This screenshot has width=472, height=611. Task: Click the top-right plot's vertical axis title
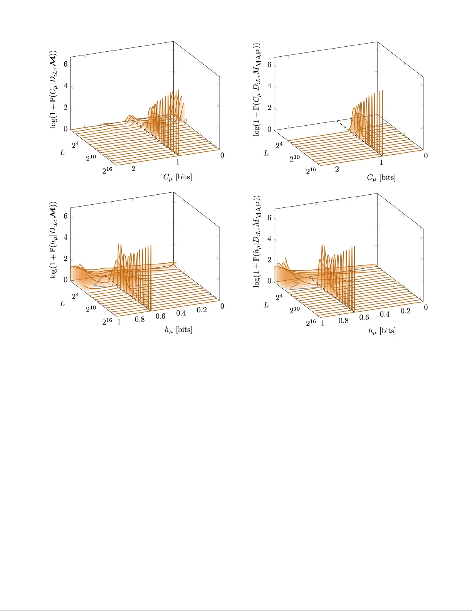click(257, 89)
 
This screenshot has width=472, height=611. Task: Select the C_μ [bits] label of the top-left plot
click(177, 177)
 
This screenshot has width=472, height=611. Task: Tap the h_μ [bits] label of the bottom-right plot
click(382, 331)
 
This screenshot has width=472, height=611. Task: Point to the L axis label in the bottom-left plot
click(62, 304)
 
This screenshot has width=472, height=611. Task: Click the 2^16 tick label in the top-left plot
click(108, 170)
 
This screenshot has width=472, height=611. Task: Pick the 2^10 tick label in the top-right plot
click(295, 158)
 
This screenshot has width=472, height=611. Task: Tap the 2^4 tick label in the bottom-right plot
click(279, 297)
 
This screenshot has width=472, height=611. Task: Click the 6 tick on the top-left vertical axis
click(66, 64)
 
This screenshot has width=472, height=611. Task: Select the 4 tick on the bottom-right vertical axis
click(269, 239)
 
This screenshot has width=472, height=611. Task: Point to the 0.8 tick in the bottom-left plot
click(140, 319)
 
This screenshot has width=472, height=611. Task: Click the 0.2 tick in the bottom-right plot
click(406, 311)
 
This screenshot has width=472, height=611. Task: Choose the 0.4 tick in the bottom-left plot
click(181, 313)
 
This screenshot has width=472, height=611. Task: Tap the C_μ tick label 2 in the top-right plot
click(337, 169)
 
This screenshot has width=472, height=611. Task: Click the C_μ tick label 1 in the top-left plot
click(178, 162)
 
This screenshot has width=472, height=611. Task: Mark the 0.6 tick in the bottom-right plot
click(364, 317)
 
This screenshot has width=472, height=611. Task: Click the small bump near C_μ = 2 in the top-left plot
click(131, 118)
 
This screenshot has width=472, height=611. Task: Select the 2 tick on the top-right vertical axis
click(269, 108)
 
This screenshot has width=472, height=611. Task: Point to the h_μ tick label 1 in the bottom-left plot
click(119, 322)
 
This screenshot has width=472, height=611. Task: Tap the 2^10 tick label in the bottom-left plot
click(91, 309)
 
